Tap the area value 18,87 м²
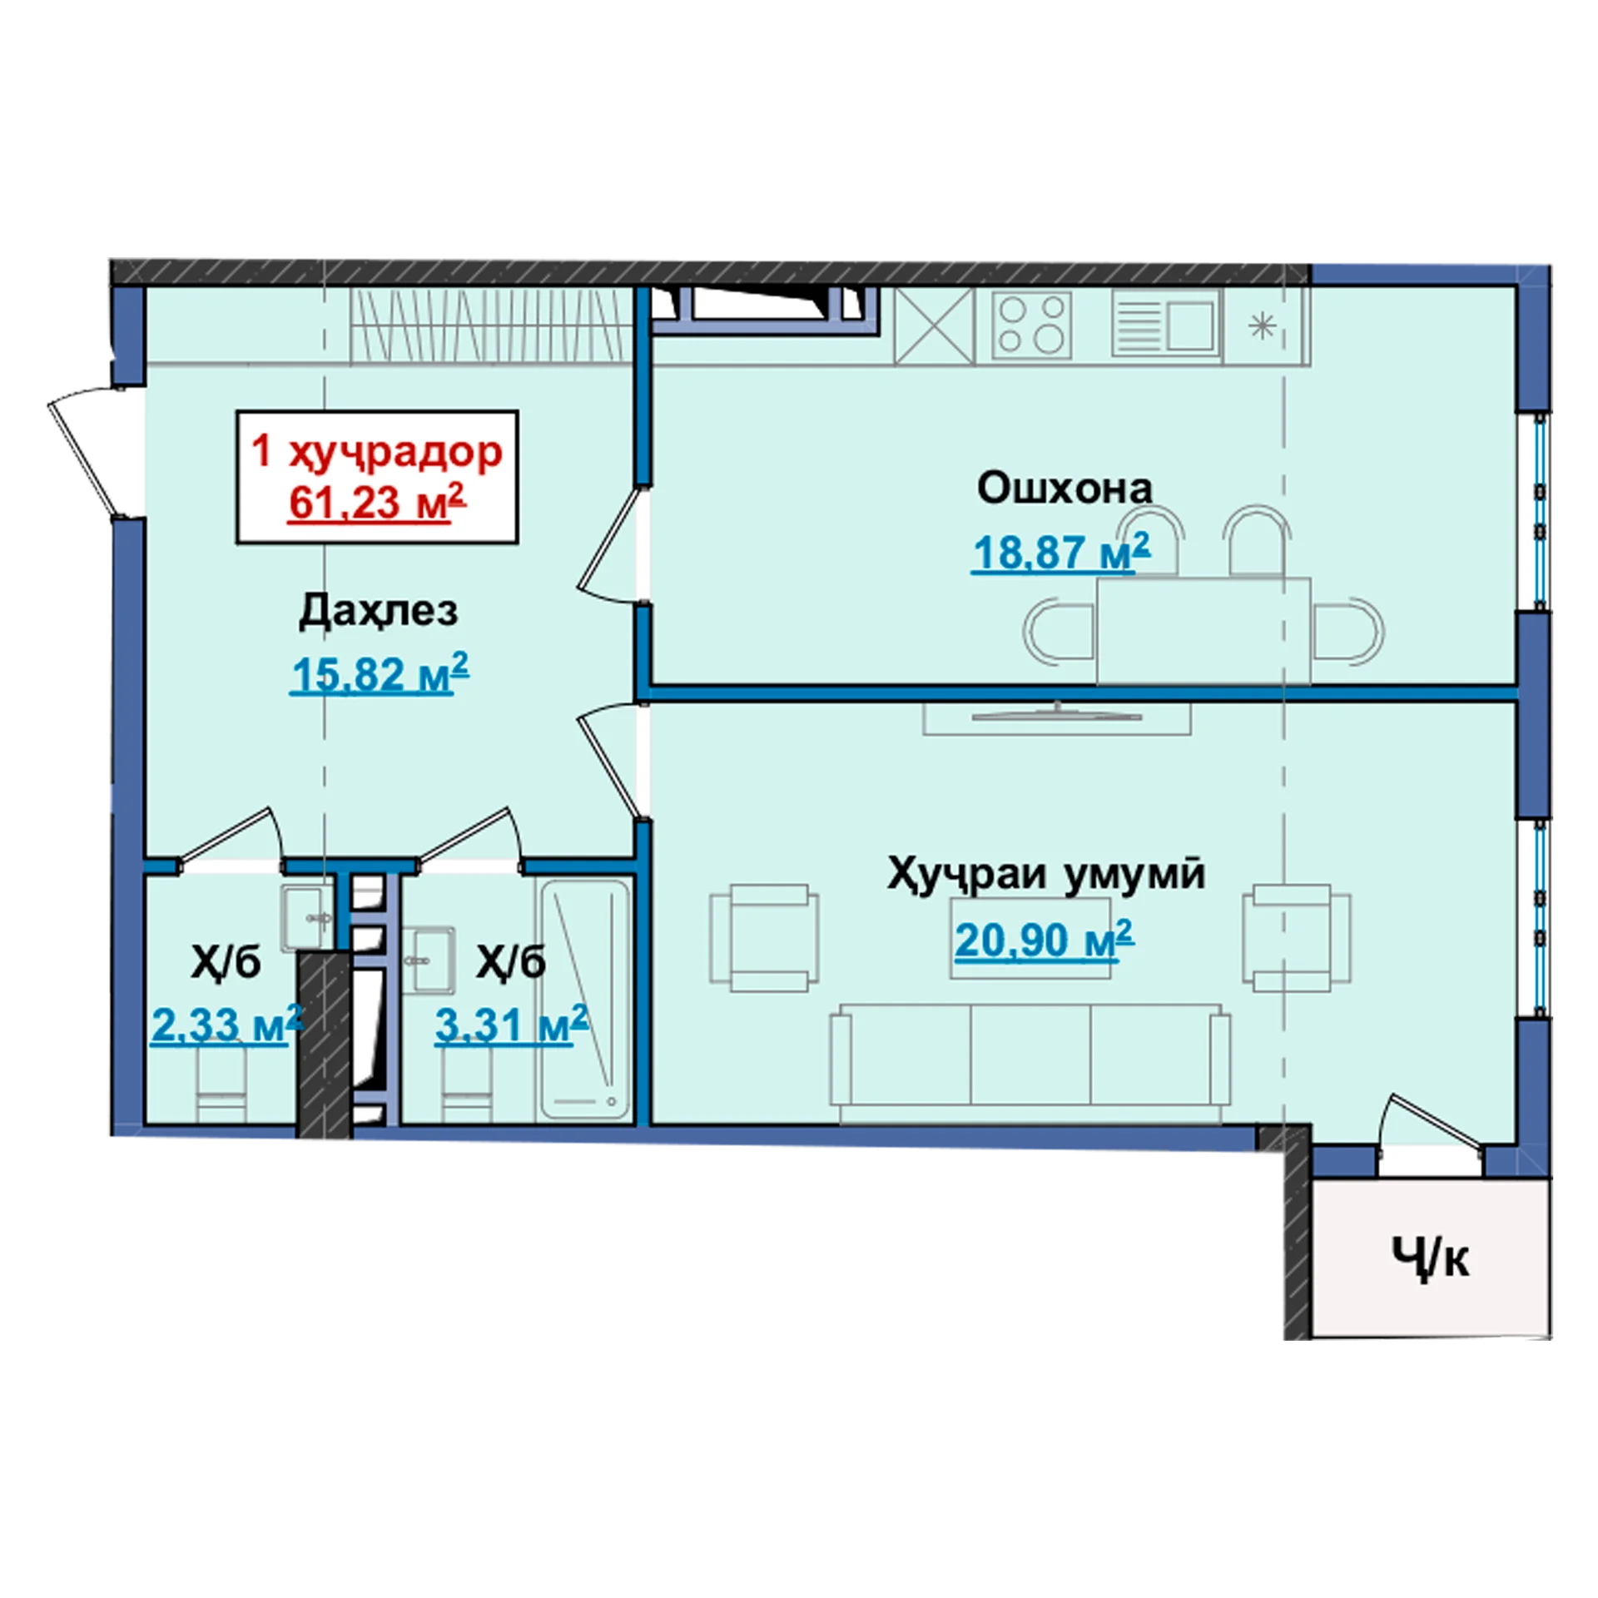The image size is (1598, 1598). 1061,551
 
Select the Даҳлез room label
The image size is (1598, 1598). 379,613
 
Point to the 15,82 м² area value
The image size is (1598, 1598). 380,672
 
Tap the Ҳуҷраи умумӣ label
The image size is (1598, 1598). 1046,876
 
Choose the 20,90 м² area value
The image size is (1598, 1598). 1045,940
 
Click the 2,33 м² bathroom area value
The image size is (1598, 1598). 226,1024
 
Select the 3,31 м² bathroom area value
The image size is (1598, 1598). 511,1024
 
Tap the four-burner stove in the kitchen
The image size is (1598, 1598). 1032,324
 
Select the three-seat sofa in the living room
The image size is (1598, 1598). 1031,1064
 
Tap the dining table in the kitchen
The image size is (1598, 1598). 1203,630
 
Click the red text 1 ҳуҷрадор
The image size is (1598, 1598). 377,450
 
